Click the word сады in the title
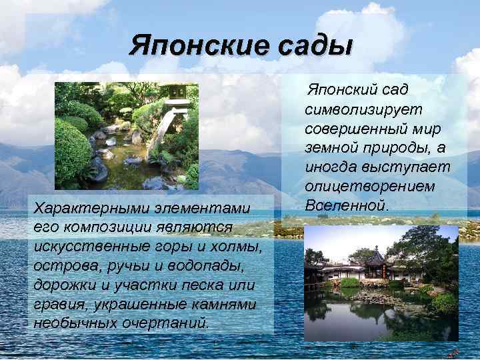pos(316,45)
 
